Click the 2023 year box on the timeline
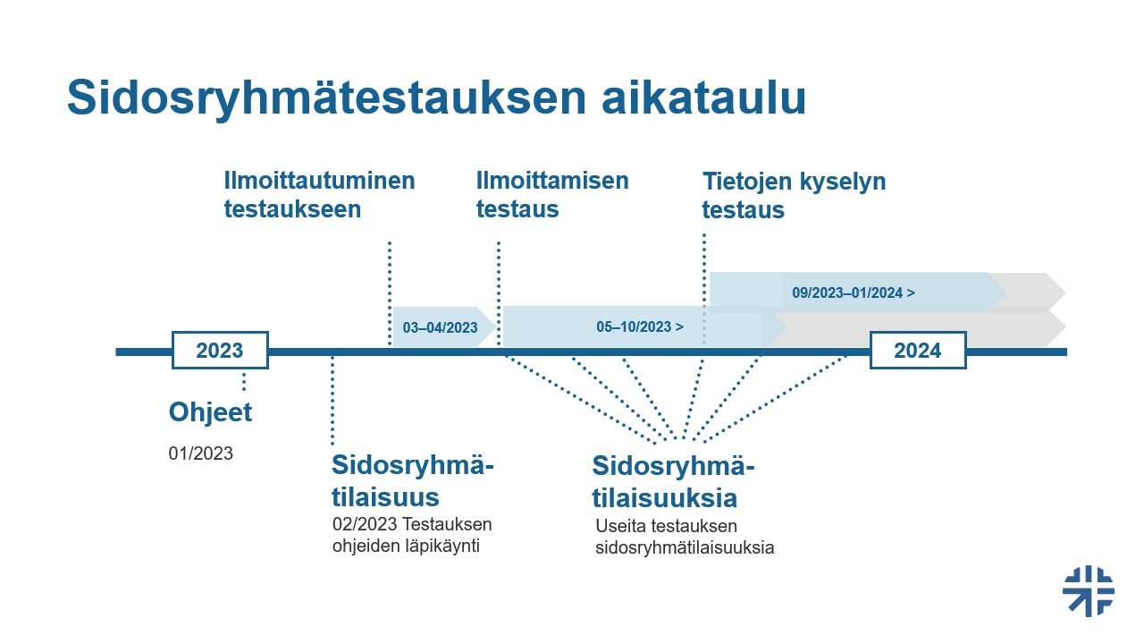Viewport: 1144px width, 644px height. point(220,351)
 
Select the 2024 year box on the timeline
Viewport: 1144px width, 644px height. point(918,351)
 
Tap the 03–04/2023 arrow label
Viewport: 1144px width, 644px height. point(441,327)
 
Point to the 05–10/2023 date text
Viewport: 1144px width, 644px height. point(640,327)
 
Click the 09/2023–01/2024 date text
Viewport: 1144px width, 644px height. point(853,292)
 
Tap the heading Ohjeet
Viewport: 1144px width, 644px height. point(211,412)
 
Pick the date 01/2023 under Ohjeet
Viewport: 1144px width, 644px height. point(201,453)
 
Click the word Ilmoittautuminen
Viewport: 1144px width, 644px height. point(319,181)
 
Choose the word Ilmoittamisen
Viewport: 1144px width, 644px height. point(552,181)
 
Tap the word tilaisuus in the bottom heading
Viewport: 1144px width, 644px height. point(385,497)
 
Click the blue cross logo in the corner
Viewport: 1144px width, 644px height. point(1089,590)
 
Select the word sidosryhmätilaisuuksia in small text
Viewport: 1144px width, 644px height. point(685,547)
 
